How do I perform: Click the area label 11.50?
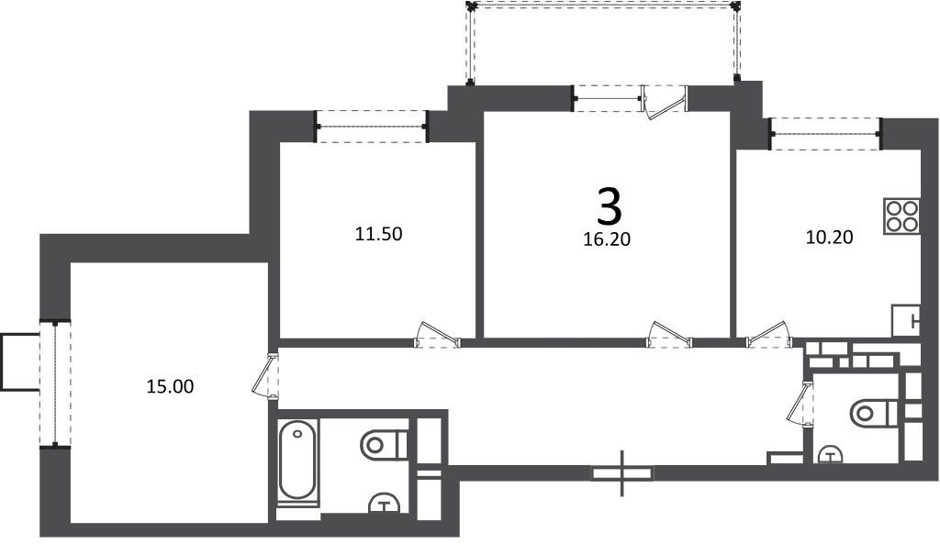coord(378,234)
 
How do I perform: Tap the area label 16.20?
coord(607,239)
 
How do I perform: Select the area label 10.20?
coord(829,238)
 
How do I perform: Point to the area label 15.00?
coord(170,386)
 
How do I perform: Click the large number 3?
coord(610,205)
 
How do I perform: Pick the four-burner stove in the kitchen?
coord(901,216)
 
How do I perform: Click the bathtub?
coord(297,461)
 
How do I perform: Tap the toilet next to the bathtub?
coord(385,445)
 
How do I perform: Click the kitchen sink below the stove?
coord(906,320)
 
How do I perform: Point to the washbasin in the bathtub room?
coord(384,503)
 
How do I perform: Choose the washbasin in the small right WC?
coord(829,454)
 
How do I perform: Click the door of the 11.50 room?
coord(438,334)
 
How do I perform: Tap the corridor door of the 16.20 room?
coord(669,334)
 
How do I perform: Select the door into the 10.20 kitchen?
coord(769,334)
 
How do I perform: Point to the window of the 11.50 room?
coord(372,127)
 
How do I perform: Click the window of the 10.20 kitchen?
coord(825,134)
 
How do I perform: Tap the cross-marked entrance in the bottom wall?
coord(622,473)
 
